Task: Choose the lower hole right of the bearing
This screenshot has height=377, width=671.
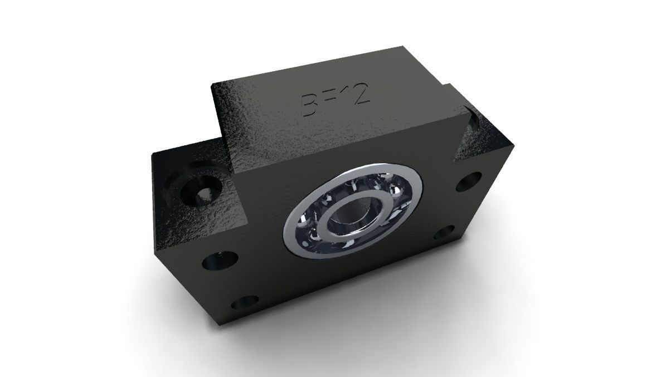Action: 444,233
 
